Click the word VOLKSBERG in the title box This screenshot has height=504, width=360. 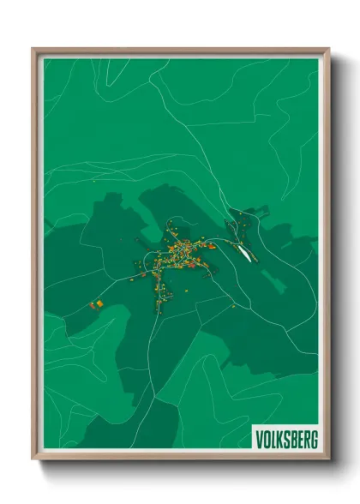pos(286,440)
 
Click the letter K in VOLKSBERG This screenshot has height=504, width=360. pos(279,440)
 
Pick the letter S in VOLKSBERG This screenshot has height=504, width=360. pos(286,440)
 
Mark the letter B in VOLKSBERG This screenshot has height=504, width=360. pos(293,440)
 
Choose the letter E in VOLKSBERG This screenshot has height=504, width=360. pos(300,440)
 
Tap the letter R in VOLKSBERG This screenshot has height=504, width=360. pos(306,440)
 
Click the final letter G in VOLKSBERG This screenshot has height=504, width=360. pos(314,440)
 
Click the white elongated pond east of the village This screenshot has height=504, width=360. pos(245,249)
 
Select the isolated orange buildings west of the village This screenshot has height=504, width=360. pos(97,303)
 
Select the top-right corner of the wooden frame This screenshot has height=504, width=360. pos(327,50)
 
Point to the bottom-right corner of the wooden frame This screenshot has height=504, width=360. pos(327,458)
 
